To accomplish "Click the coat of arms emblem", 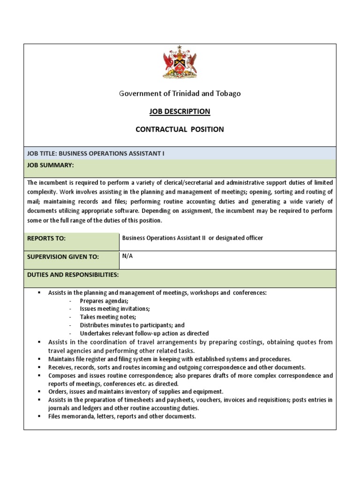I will click(x=180, y=62).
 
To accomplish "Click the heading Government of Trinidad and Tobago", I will click(x=180, y=93).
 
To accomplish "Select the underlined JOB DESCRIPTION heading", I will click(x=180, y=111).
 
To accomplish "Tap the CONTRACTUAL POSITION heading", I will click(x=180, y=129).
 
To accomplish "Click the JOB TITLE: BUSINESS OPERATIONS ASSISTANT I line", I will click(x=96, y=153).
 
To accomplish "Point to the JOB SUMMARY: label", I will click(x=50, y=165).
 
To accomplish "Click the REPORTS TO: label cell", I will click(x=47, y=239).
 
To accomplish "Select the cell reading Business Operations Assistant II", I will click(x=192, y=238).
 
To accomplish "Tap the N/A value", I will click(x=127, y=256).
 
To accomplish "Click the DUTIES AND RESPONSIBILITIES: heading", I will click(x=73, y=274).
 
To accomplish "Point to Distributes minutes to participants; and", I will click(x=132, y=325).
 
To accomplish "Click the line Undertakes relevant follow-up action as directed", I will click(x=144, y=333).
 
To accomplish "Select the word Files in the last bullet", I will click(x=55, y=416).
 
